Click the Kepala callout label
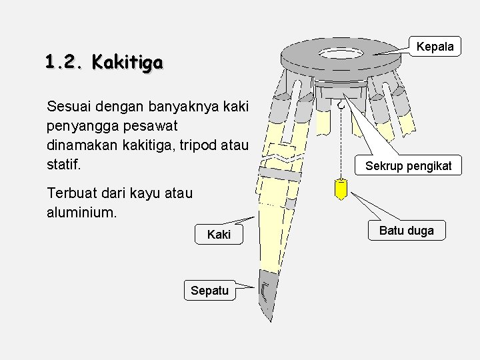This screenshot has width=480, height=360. tap(435, 46)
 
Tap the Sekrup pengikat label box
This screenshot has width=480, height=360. tap(408, 165)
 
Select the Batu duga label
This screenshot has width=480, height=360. tap(406, 231)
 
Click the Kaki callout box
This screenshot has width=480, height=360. tap(219, 235)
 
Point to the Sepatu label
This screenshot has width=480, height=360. tap(209, 290)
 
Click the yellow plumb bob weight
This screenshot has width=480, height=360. tap(341, 190)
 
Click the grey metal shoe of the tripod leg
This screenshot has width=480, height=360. tap(268, 293)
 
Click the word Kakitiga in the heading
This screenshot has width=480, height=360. tap(127, 63)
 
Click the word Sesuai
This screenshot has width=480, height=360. tap(70, 105)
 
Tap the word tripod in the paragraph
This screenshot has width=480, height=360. tap(204, 144)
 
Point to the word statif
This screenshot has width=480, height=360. tap(63, 163)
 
